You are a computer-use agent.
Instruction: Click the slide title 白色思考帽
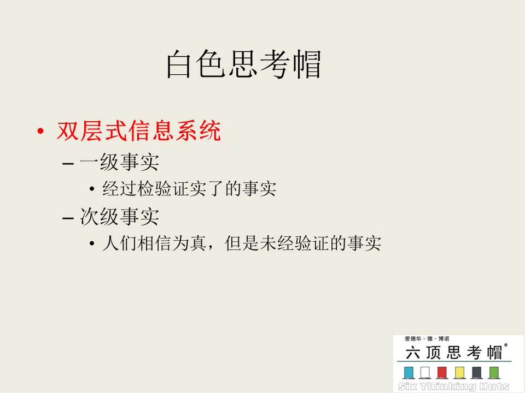244,64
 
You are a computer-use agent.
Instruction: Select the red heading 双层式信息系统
138,130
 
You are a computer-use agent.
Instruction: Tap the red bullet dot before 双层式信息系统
40,131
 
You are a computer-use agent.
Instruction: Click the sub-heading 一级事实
119,162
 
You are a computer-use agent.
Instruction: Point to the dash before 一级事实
68,164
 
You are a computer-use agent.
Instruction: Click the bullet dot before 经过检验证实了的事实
92,189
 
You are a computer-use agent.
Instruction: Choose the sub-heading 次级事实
119,217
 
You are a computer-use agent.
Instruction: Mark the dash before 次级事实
68,218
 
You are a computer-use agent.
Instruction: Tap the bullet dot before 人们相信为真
92,243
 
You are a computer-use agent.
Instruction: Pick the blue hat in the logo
409,373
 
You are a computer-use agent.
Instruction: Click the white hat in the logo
425,373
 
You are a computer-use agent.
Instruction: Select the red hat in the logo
442,373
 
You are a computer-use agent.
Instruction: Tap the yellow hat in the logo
460,373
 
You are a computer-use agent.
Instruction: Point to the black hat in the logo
477,373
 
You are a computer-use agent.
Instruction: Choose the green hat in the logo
494,373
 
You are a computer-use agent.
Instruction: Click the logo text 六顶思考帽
454,353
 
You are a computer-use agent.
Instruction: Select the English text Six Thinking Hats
454,386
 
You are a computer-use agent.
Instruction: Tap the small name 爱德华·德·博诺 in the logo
427,339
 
